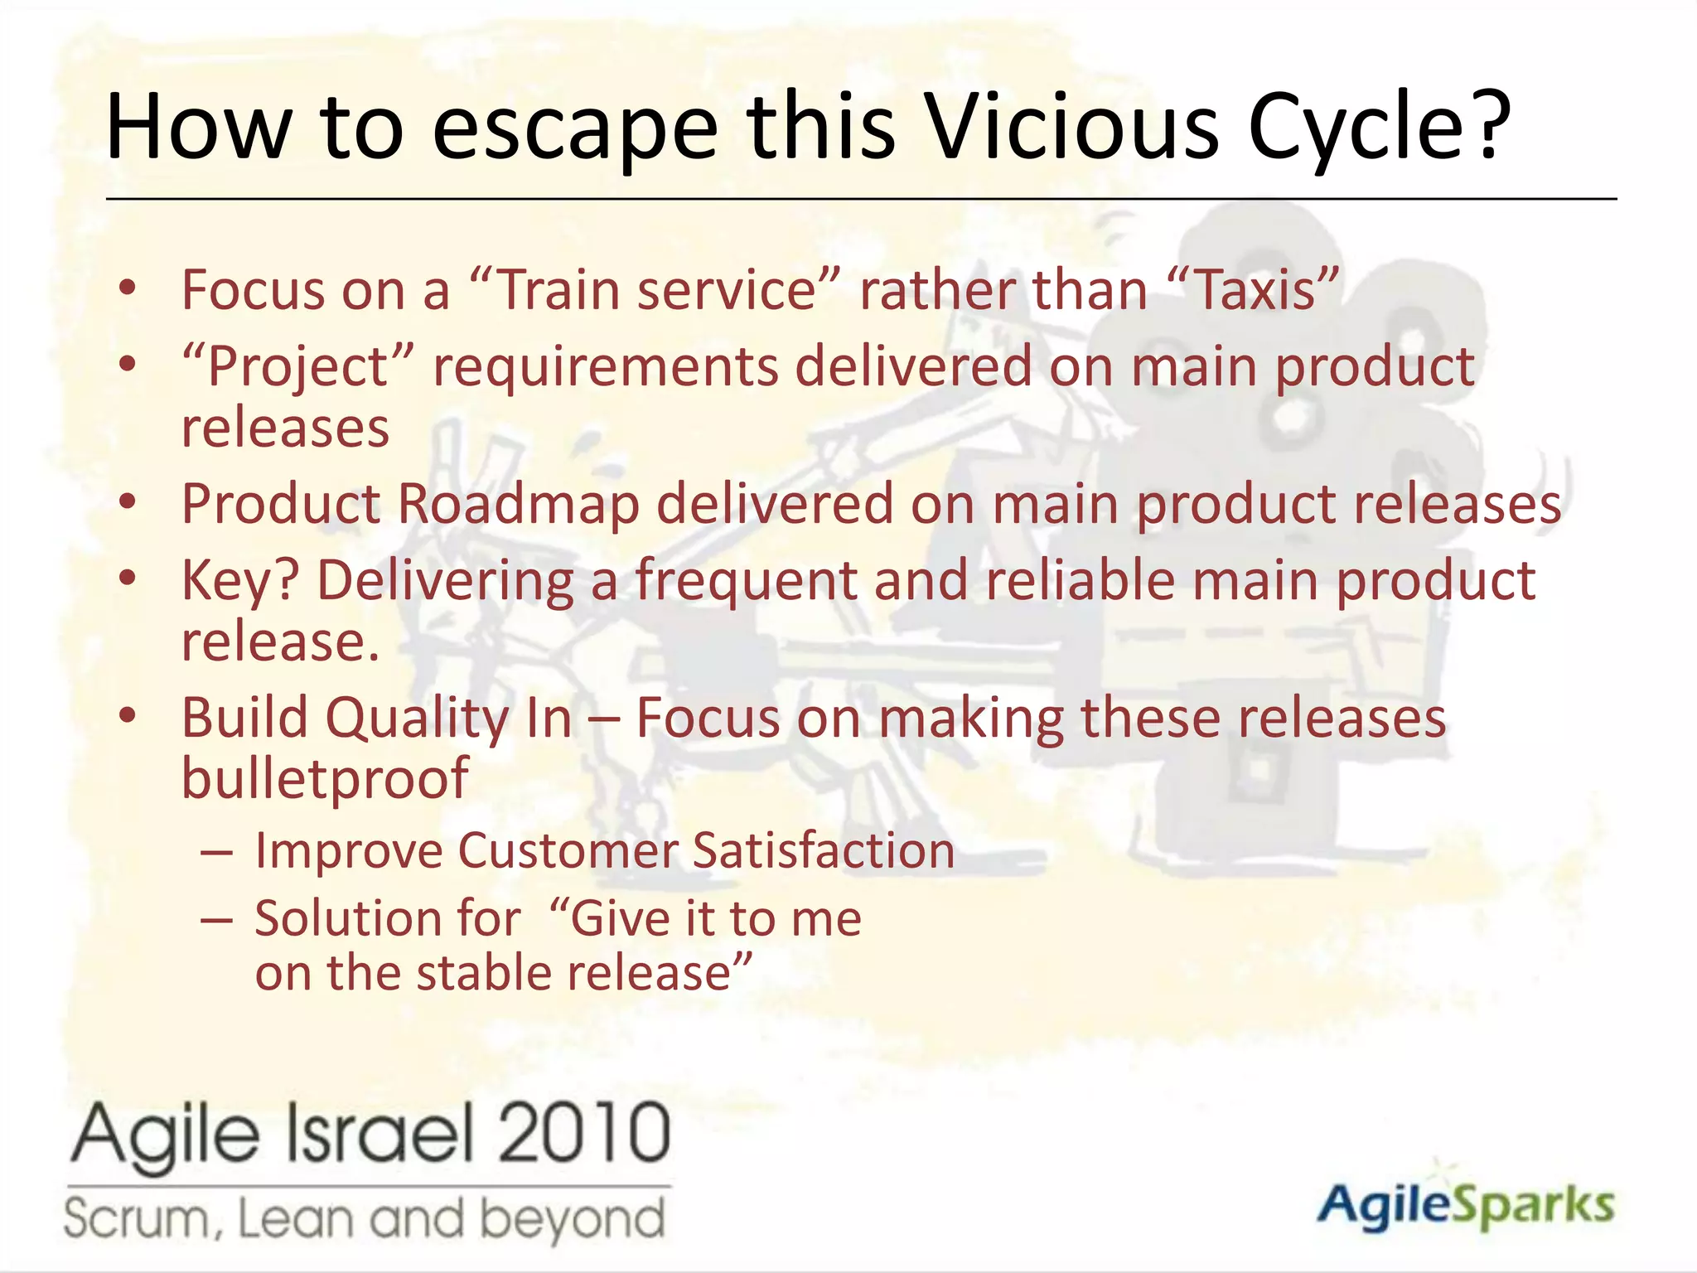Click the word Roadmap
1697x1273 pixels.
(519, 504)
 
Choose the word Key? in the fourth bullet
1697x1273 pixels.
(239, 580)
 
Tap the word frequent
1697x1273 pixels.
(746, 579)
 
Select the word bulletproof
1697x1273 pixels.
(325, 778)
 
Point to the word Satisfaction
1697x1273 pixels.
(823, 851)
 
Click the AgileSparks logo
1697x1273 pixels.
(1465, 1205)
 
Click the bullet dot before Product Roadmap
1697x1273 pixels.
(127, 502)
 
